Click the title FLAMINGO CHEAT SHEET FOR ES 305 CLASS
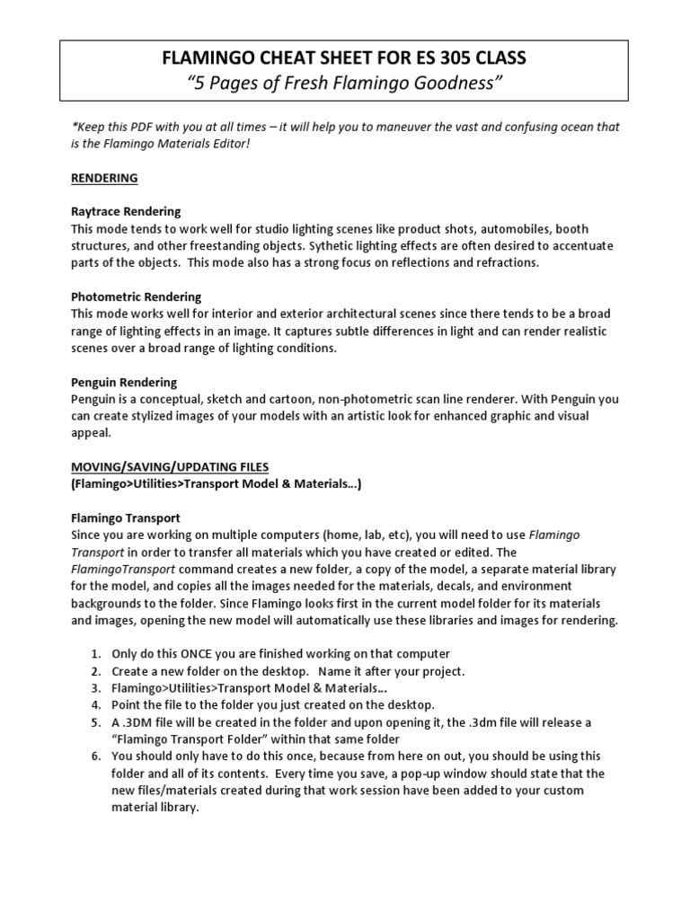(344, 58)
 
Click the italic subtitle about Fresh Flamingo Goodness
(344, 84)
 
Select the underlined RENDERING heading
(104, 178)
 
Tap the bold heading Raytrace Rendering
(126, 212)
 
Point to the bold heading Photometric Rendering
(136, 297)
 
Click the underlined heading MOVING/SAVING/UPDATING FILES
(170, 467)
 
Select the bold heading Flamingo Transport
(126, 518)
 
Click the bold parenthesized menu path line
(216, 484)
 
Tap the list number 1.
(95, 654)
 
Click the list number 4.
(95, 705)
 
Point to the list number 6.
(95, 756)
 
